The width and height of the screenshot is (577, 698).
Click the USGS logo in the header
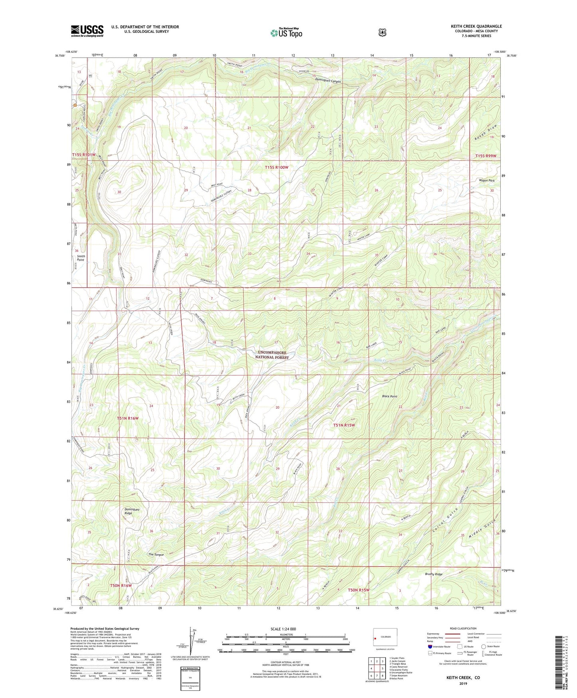coord(87,31)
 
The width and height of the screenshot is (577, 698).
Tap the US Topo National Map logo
coord(286,32)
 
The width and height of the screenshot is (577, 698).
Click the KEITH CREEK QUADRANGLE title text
coord(476,26)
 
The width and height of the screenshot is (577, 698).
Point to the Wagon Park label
coord(486,181)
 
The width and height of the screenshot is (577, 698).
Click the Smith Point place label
coord(81,258)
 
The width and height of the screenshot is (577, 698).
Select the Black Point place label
coord(389,396)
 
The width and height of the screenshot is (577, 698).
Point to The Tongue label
coord(156,555)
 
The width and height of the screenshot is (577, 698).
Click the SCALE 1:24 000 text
coord(283,629)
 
